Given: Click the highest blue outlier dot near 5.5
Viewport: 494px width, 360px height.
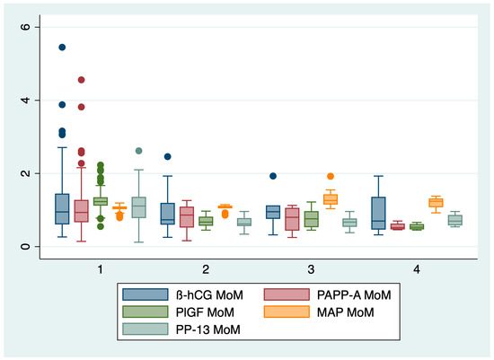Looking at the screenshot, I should [x=62, y=47].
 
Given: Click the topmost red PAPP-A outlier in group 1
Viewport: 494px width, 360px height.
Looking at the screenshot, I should [x=81, y=80].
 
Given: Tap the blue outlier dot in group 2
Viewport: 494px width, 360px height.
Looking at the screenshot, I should [x=167, y=156].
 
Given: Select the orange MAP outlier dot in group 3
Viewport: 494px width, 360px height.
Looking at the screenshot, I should [x=330, y=176].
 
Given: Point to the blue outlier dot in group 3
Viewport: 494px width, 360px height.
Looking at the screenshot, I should [x=273, y=176].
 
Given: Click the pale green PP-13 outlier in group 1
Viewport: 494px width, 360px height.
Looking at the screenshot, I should [x=138, y=151].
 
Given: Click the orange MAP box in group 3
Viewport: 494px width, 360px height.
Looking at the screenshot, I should [x=330, y=199].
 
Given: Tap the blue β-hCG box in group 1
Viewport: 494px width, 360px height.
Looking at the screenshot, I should [x=62, y=209].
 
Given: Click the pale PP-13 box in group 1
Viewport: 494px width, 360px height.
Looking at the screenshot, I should [x=138, y=207].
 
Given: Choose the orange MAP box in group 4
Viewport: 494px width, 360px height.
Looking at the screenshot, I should [x=436, y=203].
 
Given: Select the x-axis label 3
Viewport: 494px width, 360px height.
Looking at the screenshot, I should [x=310, y=269].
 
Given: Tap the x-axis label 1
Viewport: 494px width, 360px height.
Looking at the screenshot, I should [x=100, y=269].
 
